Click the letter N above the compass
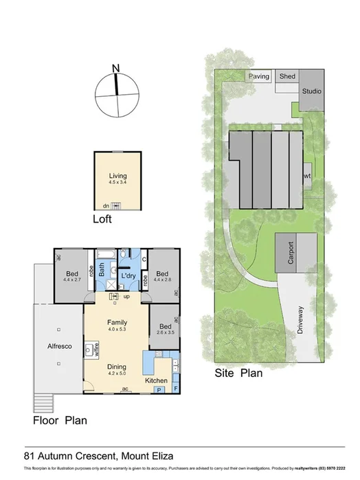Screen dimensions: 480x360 click(x=116, y=67)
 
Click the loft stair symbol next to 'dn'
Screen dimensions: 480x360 click(x=116, y=206)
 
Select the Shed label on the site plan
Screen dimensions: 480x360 click(x=286, y=77)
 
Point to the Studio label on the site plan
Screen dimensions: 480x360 click(x=311, y=91)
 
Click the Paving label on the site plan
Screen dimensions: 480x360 click(x=258, y=77)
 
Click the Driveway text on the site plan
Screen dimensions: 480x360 click(x=300, y=320)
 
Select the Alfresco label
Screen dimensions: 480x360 click(x=59, y=347)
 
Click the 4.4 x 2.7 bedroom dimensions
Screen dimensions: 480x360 click(x=72, y=279)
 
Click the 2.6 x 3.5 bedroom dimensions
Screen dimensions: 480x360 click(x=165, y=332)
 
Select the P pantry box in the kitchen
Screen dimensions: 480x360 click(x=159, y=389)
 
